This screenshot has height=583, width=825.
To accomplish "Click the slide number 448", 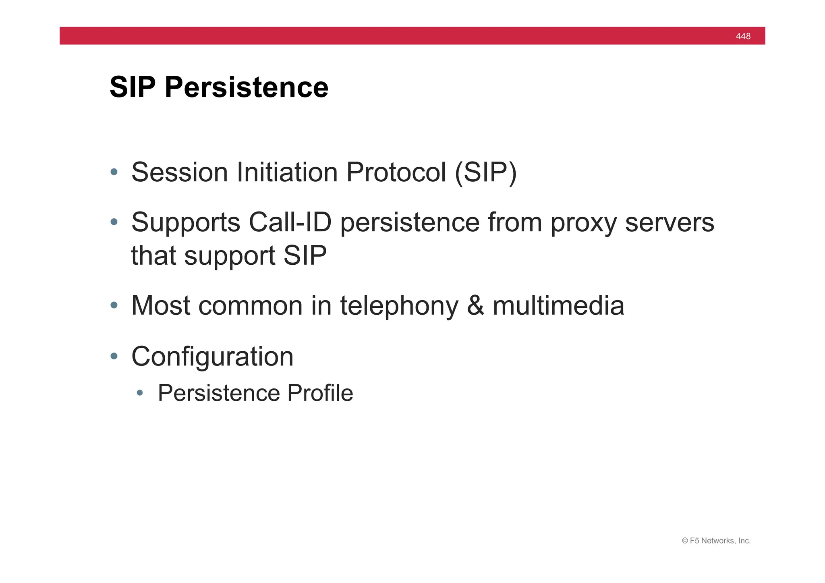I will click(743, 36).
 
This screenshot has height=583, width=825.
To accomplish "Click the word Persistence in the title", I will click(247, 87).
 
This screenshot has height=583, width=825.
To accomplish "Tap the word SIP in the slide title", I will click(133, 87).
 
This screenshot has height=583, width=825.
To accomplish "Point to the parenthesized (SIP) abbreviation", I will click(485, 172).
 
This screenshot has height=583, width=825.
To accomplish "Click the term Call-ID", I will click(290, 222).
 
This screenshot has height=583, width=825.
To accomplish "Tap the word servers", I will click(670, 222).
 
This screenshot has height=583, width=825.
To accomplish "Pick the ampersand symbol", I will click(475, 305).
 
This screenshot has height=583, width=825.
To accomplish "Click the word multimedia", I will click(558, 305).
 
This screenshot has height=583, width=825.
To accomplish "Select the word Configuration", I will click(212, 357).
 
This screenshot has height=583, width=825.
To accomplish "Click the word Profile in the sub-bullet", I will click(320, 393).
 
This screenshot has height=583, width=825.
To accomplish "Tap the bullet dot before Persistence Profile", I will click(140, 393).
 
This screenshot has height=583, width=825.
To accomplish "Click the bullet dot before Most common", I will click(114, 305).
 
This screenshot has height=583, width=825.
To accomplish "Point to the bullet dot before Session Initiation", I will click(114, 172).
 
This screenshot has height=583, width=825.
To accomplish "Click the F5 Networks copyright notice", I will click(716, 541).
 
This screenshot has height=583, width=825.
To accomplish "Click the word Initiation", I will click(287, 172).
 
